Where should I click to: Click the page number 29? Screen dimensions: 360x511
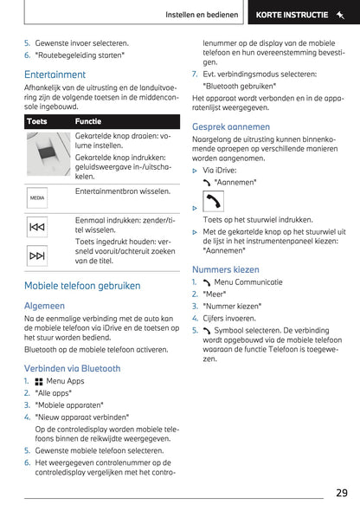[x=342, y=493]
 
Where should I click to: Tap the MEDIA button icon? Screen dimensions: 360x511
[x=37, y=197]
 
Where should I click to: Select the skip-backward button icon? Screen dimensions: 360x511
[x=37, y=227]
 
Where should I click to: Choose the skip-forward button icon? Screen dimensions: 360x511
[x=37, y=255]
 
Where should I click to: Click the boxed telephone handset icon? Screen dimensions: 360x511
[x=213, y=202]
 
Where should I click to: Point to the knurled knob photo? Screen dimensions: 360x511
[x=48, y=154]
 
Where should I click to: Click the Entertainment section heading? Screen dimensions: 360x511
[x=55, y=74]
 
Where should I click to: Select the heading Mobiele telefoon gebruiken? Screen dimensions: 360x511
[x=82, y=286]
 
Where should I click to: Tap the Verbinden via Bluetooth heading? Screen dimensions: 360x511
[x=73, y=369]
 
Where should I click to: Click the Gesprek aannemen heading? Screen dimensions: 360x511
[x=231, y=126]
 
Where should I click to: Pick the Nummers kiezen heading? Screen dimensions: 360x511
[x=226, y=269]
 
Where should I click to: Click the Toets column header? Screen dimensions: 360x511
[x=37, y=121]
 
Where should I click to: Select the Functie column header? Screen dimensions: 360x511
[x=88, y=121]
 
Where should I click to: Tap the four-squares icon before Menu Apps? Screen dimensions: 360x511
[x=39, y=382]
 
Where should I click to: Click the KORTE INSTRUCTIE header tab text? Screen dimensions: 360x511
[x=292, y=15]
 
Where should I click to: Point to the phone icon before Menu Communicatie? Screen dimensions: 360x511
[x=207, y=282]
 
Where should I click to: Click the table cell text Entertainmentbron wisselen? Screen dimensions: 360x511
[x=123, y=191]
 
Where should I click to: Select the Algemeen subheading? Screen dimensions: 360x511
[x=44, y=306]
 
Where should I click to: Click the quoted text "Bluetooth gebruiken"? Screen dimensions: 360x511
[x=239, y=87]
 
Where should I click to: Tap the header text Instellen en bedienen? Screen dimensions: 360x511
[x=202, y=15]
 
